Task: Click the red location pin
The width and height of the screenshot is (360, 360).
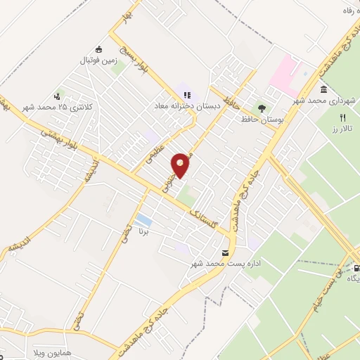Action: tap(181, 165)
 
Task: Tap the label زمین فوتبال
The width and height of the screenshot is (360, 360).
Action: tap(99, 61)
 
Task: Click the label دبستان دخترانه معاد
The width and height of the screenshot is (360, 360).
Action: tap(188, 105)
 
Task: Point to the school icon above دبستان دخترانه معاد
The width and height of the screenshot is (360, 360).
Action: tap(187, 94)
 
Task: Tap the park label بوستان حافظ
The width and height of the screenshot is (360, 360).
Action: tap(262, 120)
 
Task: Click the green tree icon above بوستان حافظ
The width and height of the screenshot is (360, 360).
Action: tap(262, 108)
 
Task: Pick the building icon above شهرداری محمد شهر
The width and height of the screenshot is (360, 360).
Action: tap(323, 90)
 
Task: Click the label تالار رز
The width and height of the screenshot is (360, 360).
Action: tap(342, 129)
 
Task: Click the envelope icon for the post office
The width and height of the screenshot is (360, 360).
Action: tap(225, 252)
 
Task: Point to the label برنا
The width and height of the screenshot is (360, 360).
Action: tap(143, 231)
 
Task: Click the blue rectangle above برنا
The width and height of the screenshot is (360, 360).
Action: tap(143, 219)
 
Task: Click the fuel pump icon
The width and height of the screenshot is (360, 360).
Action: tap(356, 267)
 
